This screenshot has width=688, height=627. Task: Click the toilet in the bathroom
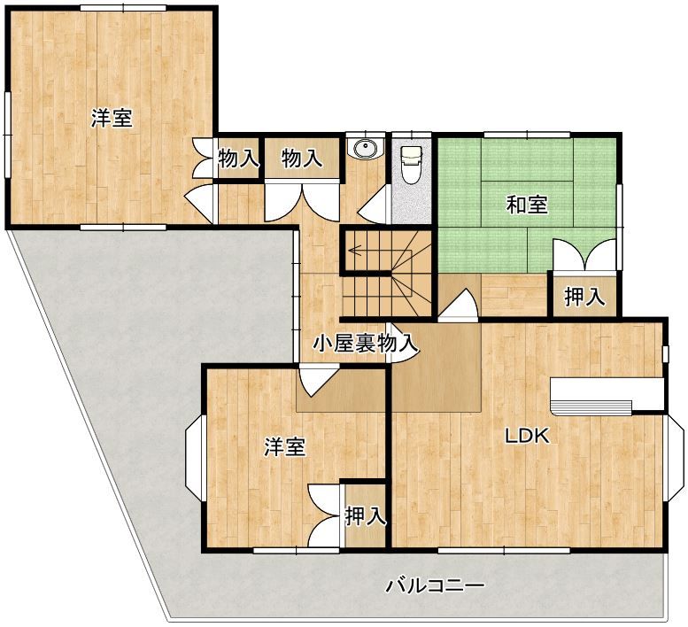point(411,165)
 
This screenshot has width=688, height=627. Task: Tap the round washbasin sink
point(365,148)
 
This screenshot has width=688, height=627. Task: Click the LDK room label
point(527,436)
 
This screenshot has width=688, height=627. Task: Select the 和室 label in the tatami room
point(527,205)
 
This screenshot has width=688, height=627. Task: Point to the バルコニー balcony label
point(436,585)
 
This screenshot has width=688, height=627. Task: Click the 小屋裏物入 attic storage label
point(365,344)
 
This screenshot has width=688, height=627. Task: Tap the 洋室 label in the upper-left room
point(112,118)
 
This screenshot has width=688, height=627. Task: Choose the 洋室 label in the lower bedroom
point(285,447)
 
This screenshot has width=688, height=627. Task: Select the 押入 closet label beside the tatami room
point(585,297)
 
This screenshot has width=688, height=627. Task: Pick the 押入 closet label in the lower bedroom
point(366,516)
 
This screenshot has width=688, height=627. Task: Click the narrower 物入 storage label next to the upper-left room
point(238,158)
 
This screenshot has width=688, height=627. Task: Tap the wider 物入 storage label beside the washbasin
point(302,158)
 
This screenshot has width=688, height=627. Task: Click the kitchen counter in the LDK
point(607,396)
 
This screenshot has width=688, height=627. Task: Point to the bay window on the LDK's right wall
point(674,457)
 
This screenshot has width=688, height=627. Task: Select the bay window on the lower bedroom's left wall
point(195,457)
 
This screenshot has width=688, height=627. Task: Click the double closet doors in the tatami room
point(585,255)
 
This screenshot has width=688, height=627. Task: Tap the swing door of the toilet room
point(375,205)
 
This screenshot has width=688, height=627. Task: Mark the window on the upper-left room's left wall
point(7,135)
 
